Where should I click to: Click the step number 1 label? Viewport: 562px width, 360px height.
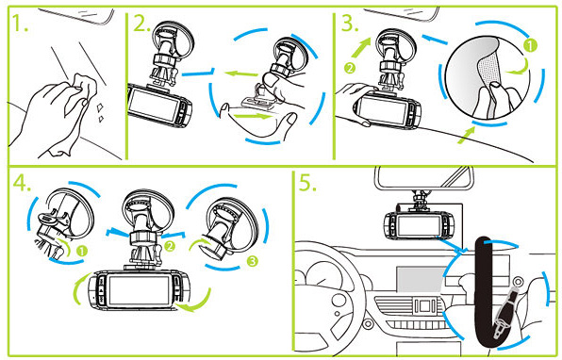coord(20,24)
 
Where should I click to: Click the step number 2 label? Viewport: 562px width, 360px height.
coord(140,24)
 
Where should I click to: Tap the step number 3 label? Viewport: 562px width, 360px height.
coord(350,23)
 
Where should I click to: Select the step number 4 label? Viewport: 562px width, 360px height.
coord(22,183)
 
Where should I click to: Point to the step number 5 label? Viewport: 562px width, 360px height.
coord(307,183)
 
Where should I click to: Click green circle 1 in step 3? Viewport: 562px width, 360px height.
coord(531,45)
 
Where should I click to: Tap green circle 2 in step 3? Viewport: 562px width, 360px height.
coord(350,68)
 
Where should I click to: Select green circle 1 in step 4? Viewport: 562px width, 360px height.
coord(82,251)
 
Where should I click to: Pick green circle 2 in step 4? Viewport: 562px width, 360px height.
coord(170,246)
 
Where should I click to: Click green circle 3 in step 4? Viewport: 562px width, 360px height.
coord(253,261)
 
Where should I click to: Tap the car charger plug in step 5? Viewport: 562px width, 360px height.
coord(504,313)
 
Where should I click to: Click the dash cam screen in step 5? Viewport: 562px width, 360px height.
coord(414,225)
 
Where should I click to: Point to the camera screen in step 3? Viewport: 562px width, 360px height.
coord(384,110)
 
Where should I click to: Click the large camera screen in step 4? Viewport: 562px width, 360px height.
coord(140,290)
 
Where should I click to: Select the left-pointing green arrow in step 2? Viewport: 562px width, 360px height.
coord(241,74)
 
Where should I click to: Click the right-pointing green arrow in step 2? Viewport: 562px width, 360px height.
coord(252,116)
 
